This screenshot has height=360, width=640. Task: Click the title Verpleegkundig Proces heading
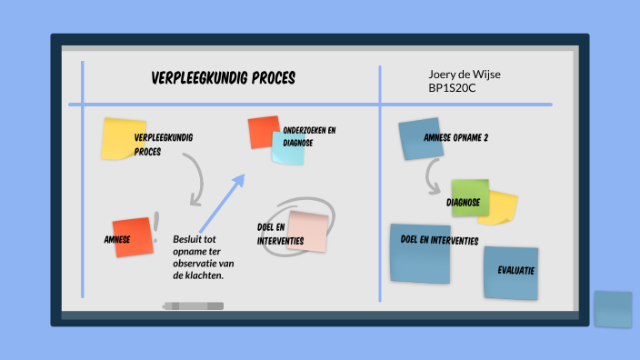223,78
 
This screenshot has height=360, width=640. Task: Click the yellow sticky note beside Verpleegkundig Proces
123,138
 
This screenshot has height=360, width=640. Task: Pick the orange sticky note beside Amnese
132,236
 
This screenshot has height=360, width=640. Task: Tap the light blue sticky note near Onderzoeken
288,147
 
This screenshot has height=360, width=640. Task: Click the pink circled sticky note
307,231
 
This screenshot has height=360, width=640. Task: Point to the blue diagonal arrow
222,202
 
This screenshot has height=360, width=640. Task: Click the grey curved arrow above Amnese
194,178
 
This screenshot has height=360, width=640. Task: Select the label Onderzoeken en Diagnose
309,136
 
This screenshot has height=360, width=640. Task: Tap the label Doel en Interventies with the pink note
272,233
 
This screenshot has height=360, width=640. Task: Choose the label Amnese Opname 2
455,138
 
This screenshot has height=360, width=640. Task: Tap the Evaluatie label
515,271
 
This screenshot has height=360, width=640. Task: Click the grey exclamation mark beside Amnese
157,224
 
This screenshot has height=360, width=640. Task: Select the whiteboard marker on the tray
193,305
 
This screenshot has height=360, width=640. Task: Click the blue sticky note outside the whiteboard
612,309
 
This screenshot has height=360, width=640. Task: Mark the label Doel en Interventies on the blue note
439,241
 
